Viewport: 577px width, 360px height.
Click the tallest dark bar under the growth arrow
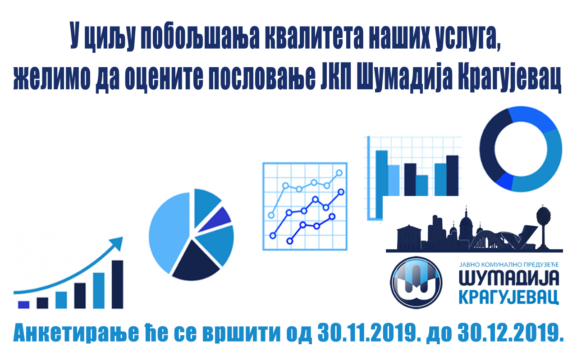point(118,284)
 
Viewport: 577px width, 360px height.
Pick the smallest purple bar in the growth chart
point(24,305)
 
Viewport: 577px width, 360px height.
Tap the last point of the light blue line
point(339,173)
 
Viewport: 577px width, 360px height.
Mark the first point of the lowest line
point(290,242)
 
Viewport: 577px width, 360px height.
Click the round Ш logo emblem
point(416,283)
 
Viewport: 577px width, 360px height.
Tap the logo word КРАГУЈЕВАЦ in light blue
point(509,297)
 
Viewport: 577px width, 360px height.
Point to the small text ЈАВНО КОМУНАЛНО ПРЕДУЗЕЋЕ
point(509,265)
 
